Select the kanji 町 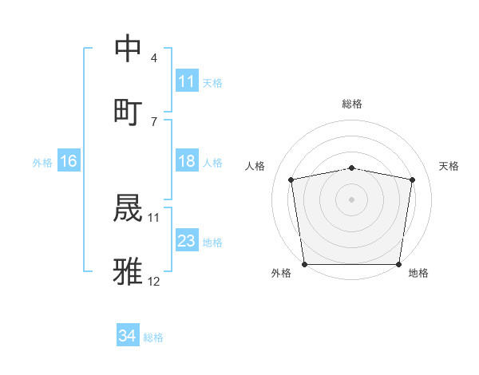click(128, 111)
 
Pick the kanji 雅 click(128, 270)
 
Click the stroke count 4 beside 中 click(154, 58)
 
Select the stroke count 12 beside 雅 click(154, 281)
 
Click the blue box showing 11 click(186, 81)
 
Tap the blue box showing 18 click(186, 161)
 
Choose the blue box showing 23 click(186, 241)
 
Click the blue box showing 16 click(68, 161)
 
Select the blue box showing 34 click(127, 336)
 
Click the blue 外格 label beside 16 click(42, 162)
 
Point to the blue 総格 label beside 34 click(153, 337)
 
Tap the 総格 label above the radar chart click(351, 104)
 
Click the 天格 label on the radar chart click(449, 166)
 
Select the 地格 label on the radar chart click(418, 273)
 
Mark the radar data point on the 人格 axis click(291, 180)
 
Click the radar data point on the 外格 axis click(304, 264)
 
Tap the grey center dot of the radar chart click(351, 199)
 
